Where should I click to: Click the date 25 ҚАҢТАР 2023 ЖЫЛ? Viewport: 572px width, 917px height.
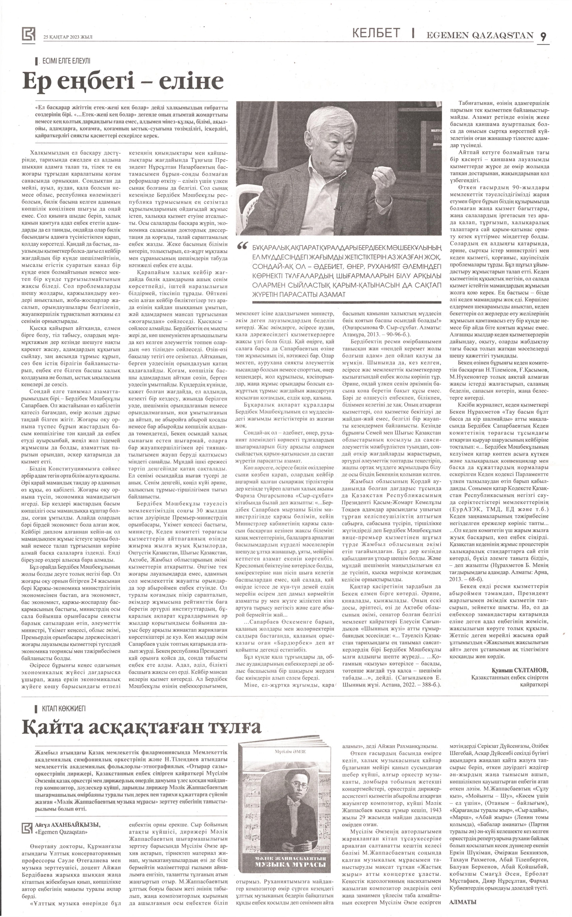68,37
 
